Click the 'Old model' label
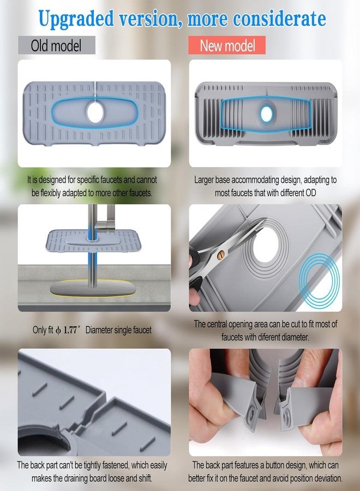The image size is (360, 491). (x=56, y=45)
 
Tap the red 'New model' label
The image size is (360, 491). (x=227, y=45)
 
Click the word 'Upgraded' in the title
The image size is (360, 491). (x=76, y=19)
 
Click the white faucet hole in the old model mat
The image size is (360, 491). (x=95, y=112)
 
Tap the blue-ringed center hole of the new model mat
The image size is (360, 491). (x=266, y=113)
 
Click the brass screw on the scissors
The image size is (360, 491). (x=221, y=255)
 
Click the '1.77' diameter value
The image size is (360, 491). (x=70, y=330)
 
